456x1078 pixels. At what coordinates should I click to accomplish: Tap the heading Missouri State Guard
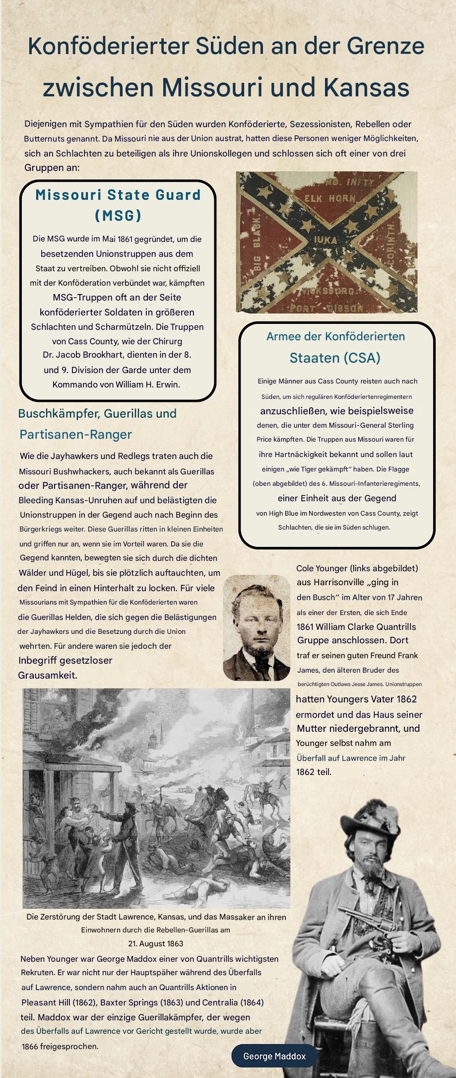point(118,195)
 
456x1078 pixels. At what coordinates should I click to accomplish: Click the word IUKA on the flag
point(326,240)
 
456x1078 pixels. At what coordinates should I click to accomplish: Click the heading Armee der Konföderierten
point(335,336)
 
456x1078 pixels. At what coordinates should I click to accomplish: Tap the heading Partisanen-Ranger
point(75,434)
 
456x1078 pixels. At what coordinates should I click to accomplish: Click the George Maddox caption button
point(274,1056)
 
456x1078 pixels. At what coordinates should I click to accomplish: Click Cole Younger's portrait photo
point(256,628)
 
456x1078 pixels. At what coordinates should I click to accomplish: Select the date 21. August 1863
point(155,943)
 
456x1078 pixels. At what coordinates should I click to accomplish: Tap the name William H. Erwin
point(147,385)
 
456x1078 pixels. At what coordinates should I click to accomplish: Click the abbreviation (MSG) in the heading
point(118,215)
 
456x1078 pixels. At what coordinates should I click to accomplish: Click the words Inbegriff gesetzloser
point(65,660)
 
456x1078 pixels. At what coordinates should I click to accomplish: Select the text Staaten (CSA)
point(335,358)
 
